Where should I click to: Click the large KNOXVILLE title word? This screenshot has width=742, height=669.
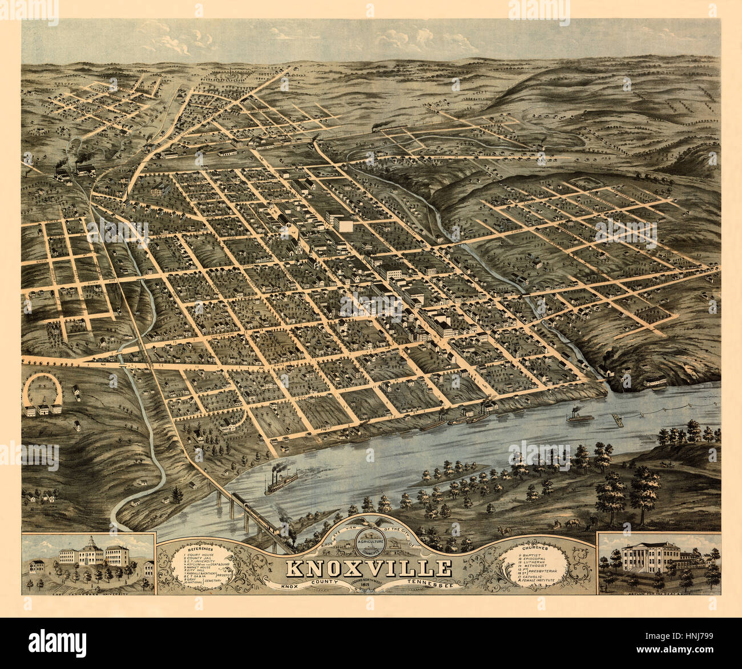pyautogui.click(x=368, y=568)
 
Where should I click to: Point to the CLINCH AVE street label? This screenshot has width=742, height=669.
pyautogui.click(x=91, y=281)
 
